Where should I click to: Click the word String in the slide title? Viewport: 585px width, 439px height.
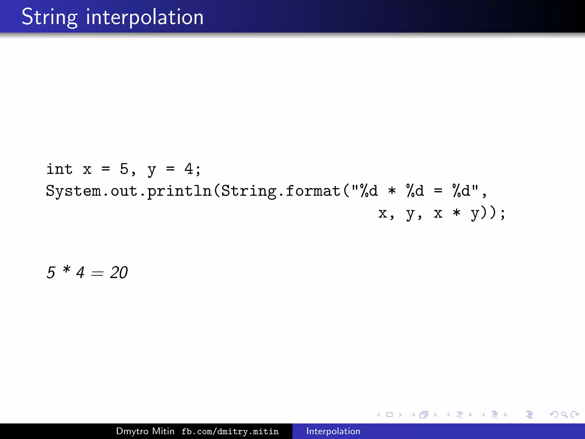[x=49, y=17]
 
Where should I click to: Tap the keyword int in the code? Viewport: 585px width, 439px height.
[x=59, y=169]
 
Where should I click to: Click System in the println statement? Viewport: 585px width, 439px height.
[x=73, y=191]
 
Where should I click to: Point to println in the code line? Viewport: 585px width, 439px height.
[x=179, y=191]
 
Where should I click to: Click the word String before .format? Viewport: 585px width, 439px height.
[x=249, y=191]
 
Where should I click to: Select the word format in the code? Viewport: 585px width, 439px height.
[x=313, y=191]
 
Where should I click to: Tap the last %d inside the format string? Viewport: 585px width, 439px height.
[x=461, y=191]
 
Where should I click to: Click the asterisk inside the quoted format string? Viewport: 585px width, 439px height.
[x=392, y=191]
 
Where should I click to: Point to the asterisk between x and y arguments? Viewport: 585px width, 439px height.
[x=456, y=213]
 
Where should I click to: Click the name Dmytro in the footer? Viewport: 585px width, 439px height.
[x=133, y=431]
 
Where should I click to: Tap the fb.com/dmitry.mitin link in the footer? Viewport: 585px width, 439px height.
[x=230, y=431]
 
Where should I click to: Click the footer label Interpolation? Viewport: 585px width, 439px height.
[x=333, y=431]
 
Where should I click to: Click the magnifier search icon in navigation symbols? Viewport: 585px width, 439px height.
[x=564, y=414]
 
